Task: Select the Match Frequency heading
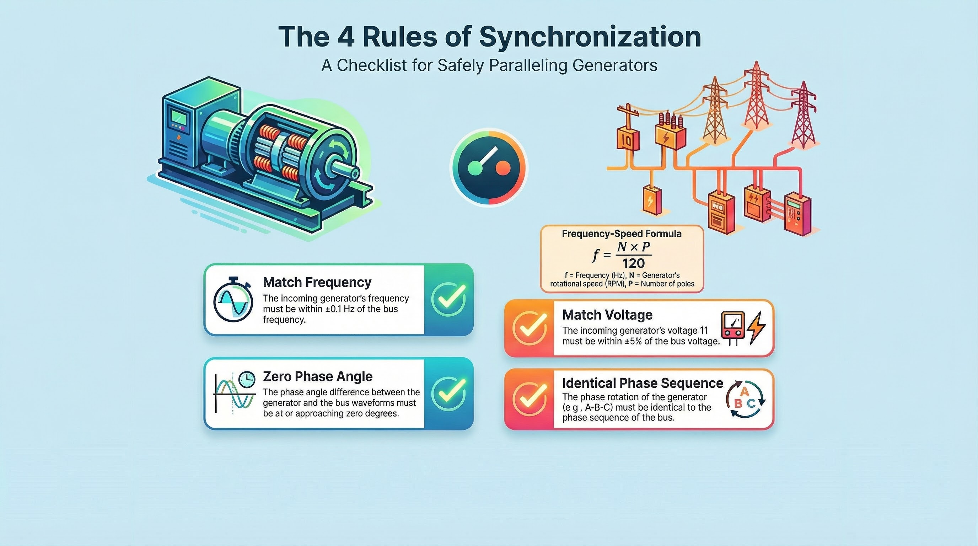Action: pos(317,282)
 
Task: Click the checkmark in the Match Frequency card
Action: pos(449,300)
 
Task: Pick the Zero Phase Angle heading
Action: pos(318,376)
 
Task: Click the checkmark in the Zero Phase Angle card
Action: pos(449,394)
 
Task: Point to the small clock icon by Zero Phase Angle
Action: pos(247,379)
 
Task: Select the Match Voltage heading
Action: pos(607,315)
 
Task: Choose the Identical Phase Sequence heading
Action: pos(643,383)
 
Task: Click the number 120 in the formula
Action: pos(633,263)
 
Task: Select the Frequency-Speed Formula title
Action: pos(622,234)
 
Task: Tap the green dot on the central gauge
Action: pos(474,168)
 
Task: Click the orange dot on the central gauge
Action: pos(503,168)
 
